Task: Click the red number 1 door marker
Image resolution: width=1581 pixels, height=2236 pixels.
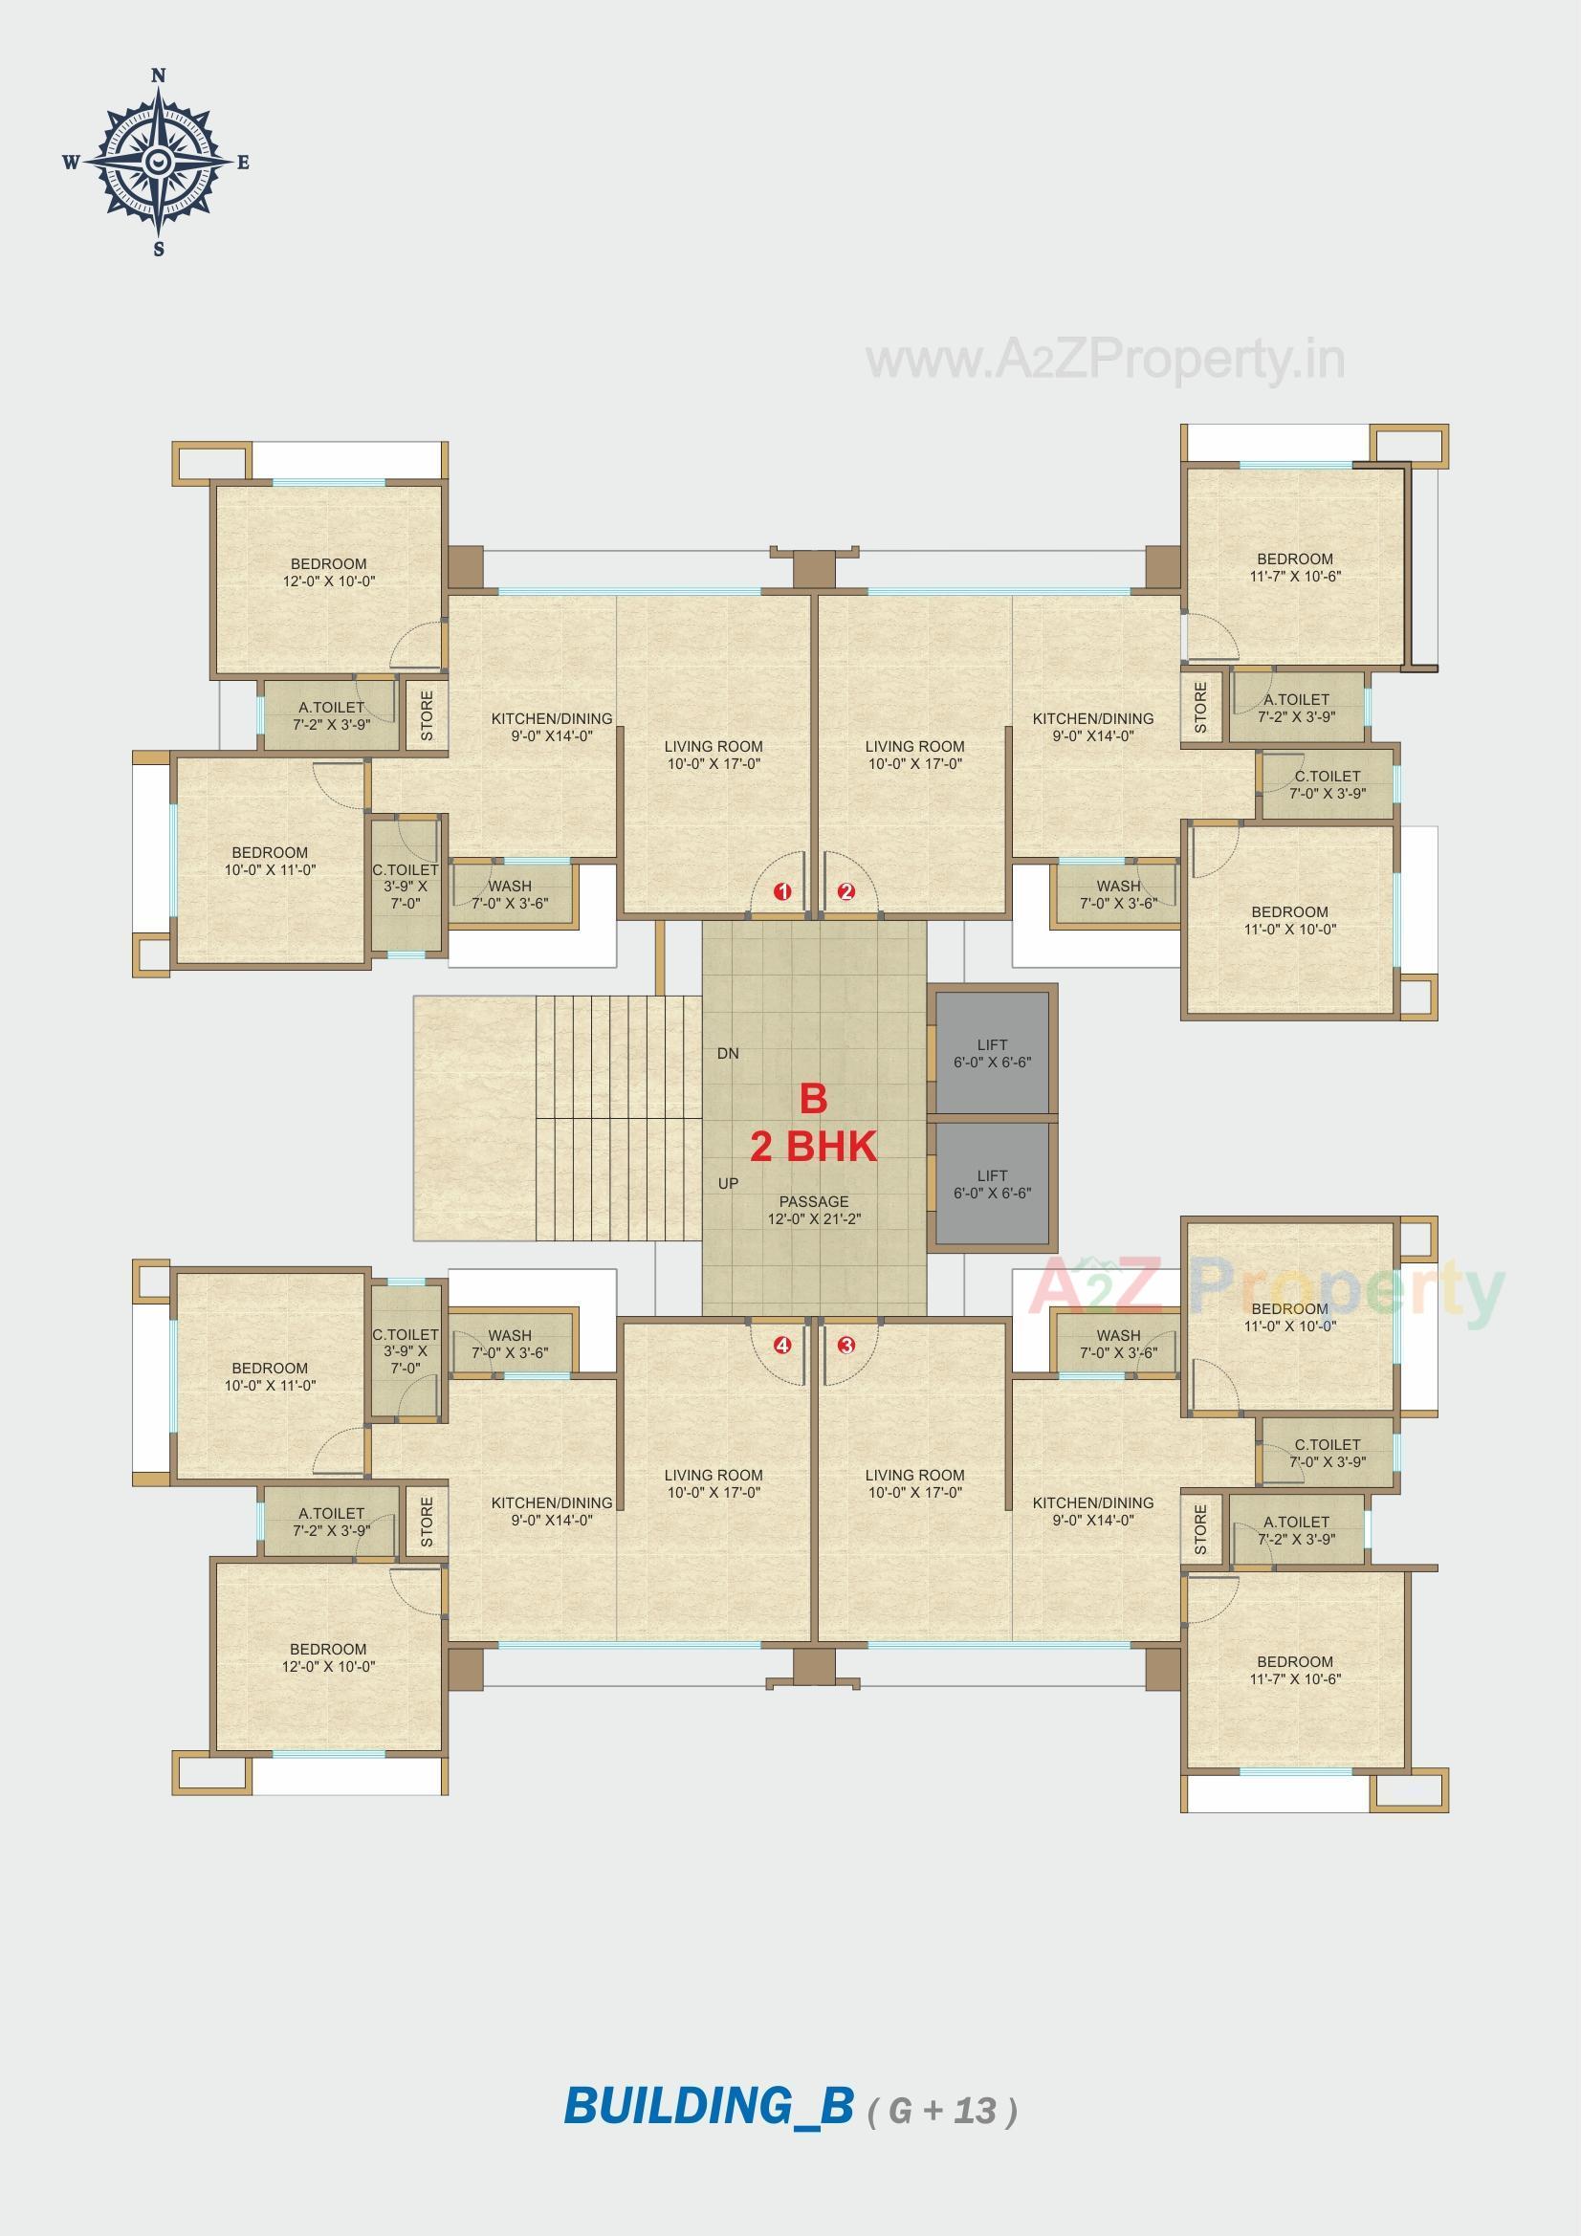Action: tap(782, 891)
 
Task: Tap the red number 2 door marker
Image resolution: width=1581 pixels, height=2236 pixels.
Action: tap(846, 891)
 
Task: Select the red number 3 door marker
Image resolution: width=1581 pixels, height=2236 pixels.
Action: tap(846, 1346)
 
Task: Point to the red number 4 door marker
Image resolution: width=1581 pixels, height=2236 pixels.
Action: tap(782, 1346)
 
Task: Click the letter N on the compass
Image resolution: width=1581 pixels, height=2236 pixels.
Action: tap(160, 75)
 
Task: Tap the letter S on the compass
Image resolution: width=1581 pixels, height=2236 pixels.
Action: tap(159, 250)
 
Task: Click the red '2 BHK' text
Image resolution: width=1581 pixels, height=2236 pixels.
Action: tap(813, 1148)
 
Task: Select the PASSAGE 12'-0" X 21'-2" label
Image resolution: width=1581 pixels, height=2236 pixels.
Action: tap(813, 1211)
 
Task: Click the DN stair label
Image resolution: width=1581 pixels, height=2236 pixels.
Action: tap(728, 1054)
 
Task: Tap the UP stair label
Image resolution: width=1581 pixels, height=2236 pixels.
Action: tap(728, 1183)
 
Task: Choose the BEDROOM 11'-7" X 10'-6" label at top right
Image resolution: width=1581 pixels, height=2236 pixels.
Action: tap(1295, 568)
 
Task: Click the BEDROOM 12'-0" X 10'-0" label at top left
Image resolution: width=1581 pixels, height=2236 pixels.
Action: tap(328, 573)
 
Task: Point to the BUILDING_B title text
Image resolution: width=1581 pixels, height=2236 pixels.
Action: tap(708, 2107)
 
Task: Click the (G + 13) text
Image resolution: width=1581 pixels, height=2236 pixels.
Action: tap(942, 2111)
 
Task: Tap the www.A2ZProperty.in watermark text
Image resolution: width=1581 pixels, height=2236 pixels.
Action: tap(1106, 361)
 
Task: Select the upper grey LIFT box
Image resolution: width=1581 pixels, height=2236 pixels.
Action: tap(992, 1053)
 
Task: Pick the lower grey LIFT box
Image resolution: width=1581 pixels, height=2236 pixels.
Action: tap(992, 1184)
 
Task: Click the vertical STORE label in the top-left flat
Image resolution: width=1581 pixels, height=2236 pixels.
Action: tap(427, 715)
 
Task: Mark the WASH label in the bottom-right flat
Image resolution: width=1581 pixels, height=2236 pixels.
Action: tap(1118, 1344)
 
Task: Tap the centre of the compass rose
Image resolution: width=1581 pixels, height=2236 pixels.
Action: tap(160, 162)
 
